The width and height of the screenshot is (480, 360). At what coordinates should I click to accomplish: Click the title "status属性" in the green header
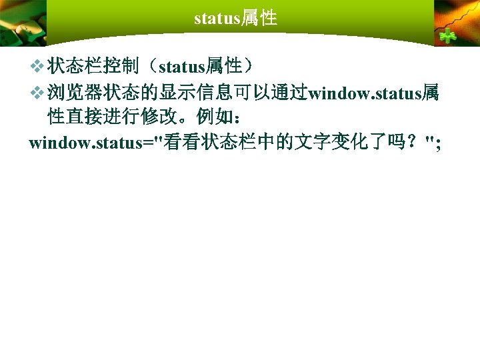point(235,18)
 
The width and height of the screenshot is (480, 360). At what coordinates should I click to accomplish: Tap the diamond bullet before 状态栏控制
point(37,66)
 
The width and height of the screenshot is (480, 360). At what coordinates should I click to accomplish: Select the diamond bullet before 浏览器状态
point(37,92)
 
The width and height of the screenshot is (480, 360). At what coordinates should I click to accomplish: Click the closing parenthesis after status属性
point(249,66)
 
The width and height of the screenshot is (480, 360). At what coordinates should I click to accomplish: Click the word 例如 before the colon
point(212,117)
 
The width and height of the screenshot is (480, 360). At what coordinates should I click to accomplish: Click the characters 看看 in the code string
point(180,143)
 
